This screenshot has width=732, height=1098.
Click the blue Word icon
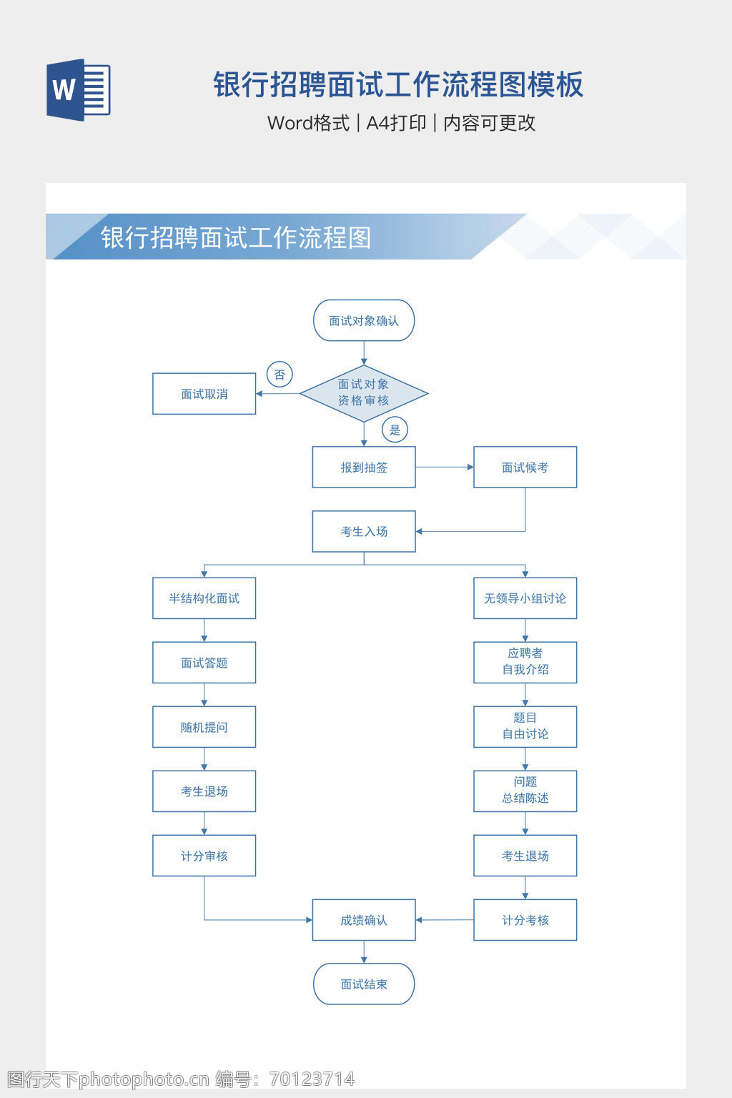(x=78, y=89)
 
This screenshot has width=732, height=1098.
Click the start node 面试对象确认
(x=364, y=320)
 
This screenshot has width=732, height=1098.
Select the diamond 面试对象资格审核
(x=364, y=393)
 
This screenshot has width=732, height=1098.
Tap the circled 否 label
(x=280, y=375)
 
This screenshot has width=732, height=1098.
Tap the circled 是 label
(x=395, y=430)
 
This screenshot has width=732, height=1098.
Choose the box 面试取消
(x=204, y=394)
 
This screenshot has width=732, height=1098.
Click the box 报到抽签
(x=364, y=468)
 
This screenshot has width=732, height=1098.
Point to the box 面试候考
(x=525, y=468)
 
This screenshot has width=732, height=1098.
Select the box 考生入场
(x=364, y=531)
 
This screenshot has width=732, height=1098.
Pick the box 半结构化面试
(x=204, y=598)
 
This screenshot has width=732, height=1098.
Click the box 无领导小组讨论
(x=525, y=598)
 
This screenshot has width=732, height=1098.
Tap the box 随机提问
(x=204, y=727)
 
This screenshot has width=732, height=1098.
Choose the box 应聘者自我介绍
(x=525, y=662)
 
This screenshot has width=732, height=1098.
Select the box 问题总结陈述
(x=525, y=791)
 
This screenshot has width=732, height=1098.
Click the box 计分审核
(x=204, y=856)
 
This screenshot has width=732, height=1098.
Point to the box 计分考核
(x=525, y=920)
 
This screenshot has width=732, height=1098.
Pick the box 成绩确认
(x=364, y=920)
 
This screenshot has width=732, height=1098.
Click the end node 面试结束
(x=364, y=984)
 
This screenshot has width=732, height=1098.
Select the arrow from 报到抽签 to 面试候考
(x=444, y=468)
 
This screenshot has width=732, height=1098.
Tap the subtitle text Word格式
(x=308, y=123)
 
